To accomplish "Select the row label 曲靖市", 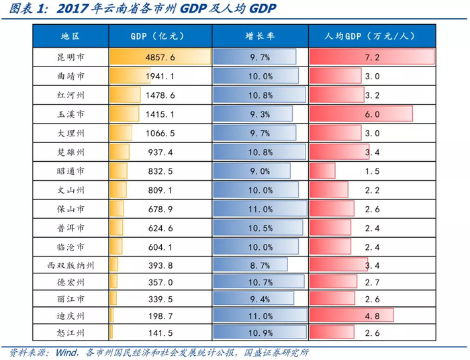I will [70, 77].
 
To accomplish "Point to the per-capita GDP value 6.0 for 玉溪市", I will [372, 114].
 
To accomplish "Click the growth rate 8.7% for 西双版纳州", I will [260, 265].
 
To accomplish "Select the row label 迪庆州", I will [70, 314].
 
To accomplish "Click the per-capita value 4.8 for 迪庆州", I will [372, 314].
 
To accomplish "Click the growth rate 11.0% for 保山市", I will [260, 209].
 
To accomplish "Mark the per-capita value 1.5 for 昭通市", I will [372, 171].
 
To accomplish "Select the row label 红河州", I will [70, 95].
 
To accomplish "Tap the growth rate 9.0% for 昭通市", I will [260, 171].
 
